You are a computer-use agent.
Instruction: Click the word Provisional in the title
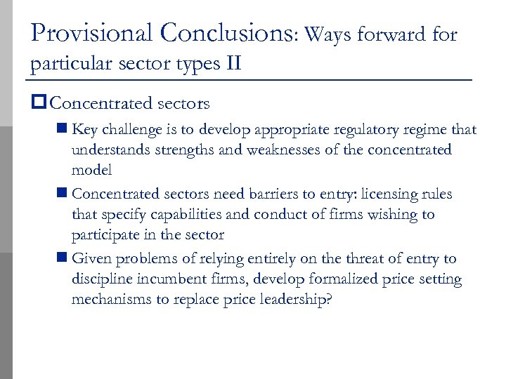(x=91, y=32)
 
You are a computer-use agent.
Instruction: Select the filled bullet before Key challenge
(x=63, y=129)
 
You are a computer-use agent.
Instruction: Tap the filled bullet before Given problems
(x=63, y=259)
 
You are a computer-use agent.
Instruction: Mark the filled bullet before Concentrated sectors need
(x=63, y=194)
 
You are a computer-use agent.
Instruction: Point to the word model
(x=91, y=171)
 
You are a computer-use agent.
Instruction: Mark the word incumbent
(x=167, y=279)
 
